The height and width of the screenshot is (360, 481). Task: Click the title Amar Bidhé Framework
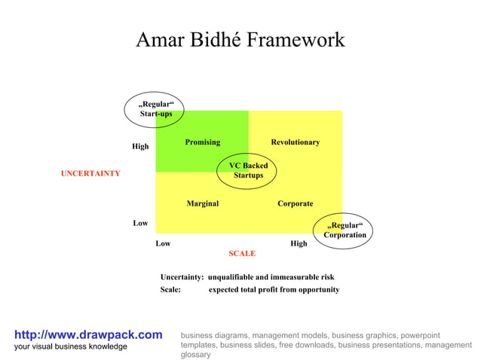click(240, 40)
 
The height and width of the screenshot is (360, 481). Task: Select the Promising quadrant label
click(202, 142)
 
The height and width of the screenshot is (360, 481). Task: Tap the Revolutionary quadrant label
click(295, 142)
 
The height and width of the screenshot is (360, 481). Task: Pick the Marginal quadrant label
click(202, 203)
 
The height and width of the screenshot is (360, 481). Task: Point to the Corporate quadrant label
click(295, 203)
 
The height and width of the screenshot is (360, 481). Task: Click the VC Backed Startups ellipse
click(247, 170)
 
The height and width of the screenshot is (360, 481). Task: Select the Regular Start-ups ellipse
click(155, 108)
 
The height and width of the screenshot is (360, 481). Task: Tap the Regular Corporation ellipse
click(345, 230)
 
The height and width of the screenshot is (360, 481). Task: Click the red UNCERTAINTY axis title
click(90, 174)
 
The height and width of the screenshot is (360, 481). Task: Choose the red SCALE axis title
click(242, 254)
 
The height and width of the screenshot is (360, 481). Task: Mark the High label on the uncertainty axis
click(140, 147)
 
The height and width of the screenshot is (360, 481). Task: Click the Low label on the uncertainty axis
click(140, 224)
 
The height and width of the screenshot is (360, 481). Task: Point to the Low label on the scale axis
click(163, 244)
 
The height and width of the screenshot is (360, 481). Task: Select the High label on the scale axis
click(299, 244)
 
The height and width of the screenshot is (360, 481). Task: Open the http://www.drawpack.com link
click(88, 334)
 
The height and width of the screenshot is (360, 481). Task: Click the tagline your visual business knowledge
click(71, 346)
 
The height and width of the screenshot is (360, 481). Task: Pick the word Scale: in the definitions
click(170, 290)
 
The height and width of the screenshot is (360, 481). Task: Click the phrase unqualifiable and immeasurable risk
click(271, 277)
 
